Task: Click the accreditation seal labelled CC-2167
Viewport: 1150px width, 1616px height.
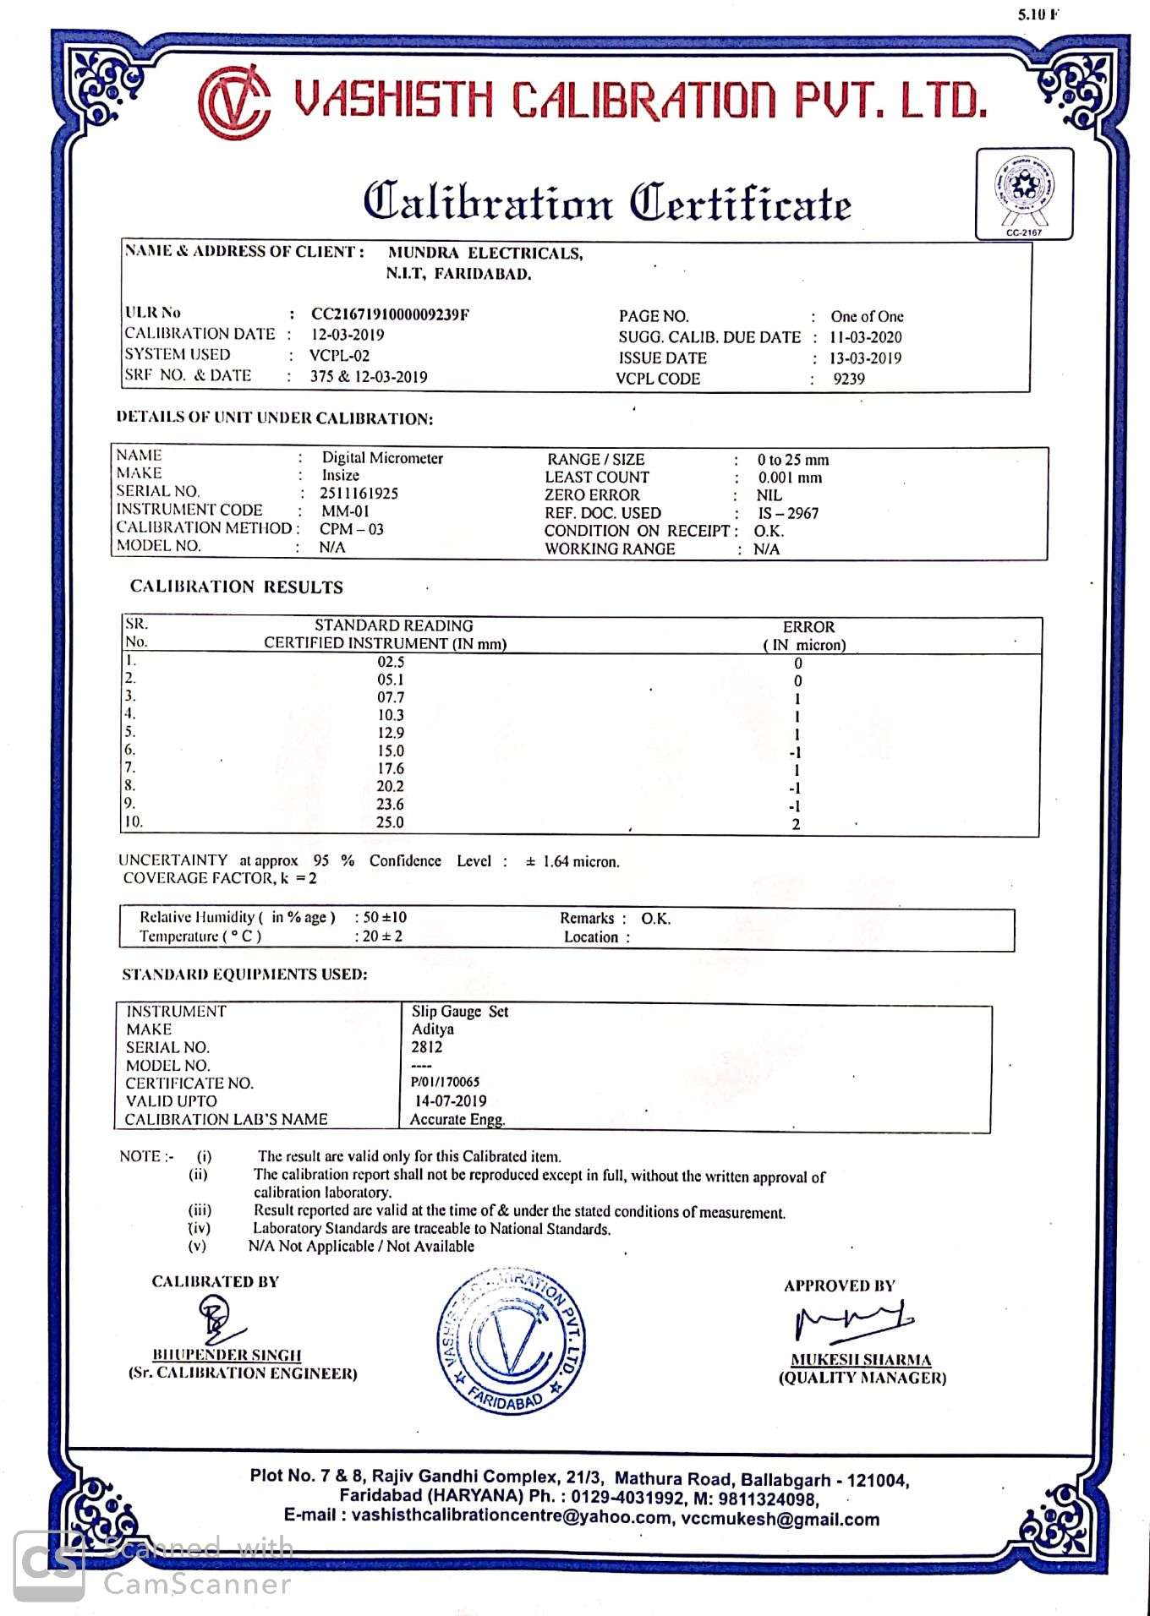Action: click(x=1024, y=194)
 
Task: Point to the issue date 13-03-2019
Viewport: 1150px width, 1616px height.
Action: click(x=865, y=358)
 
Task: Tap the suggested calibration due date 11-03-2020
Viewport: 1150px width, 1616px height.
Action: click(x=865, y=337)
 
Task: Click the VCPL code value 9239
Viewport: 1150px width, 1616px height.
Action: click(x=849, y=379)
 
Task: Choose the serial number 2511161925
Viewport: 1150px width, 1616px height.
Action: click(x=359, y=493)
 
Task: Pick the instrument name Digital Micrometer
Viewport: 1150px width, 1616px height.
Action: click(x=382, y=458)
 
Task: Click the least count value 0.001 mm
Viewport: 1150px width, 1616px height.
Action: click(x=790, y=478)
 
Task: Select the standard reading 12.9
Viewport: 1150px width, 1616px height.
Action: click(x=391, y=733)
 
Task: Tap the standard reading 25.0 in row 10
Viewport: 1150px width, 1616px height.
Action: click(x=391, y=822)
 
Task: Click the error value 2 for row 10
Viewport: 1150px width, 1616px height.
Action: click(x=796, y=825)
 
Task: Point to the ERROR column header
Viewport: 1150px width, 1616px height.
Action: click(x=808, y=627)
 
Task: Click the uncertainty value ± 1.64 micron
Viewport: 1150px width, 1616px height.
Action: click(x=572, y=862)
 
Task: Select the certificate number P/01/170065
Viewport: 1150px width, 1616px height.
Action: click(x=446, y=1082)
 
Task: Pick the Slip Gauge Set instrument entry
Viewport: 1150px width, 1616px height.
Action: click(x=460, y=1012)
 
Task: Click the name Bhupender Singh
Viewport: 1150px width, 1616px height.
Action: click(x=227, y=1355)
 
